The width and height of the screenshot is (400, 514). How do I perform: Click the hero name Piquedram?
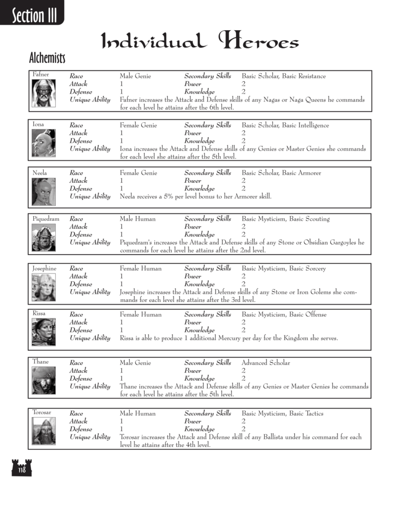pos(46,219)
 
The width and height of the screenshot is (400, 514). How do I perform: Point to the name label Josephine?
pos(45,269)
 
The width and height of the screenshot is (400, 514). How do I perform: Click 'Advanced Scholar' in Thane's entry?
pos(266,362)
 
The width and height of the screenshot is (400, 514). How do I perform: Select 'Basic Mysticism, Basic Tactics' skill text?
pos(282,413)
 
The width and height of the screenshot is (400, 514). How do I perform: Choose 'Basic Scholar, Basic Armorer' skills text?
pos(281,173)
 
